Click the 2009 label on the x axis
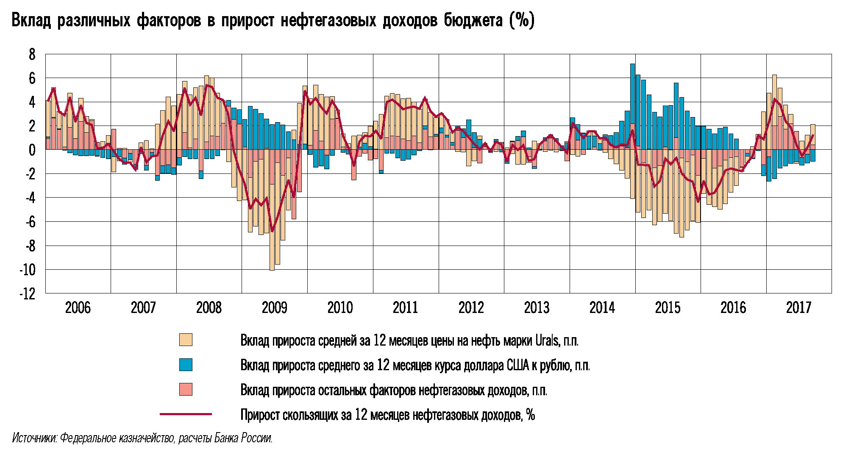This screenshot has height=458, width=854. pos(274,307)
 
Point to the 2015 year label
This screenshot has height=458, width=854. pos(668,307)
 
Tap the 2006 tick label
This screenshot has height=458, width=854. pos(78,307)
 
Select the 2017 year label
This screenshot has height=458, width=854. pos(798,307)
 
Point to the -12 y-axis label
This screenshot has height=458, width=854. pos(28,293)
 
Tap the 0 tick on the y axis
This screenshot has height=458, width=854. pos(32,150)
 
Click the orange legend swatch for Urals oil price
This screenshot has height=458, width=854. pos(186,340)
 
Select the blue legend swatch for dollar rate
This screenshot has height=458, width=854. pos(186,365)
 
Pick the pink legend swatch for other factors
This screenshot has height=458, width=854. pos(186,389)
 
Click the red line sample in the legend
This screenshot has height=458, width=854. pos(186,414)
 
